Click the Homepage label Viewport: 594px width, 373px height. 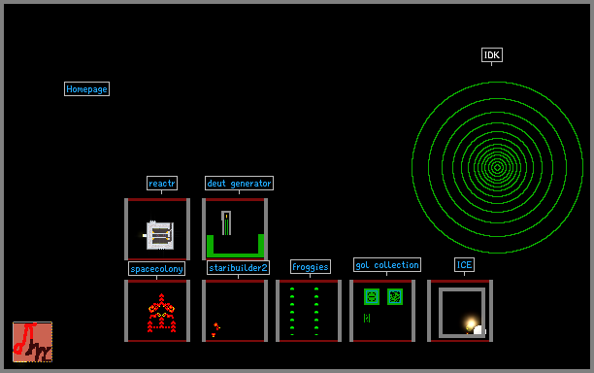coord(86,89)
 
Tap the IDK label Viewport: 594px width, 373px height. coord(492,55)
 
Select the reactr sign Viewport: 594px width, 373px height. coord(162,184)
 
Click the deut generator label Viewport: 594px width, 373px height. coord(239,184)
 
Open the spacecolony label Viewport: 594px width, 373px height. coord(156,269)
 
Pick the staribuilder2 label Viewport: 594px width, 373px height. coord(239,268)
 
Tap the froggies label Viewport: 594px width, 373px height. coord(311,267)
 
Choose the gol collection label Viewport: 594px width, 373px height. coord(387,265)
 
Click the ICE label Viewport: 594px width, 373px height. coord(464,264)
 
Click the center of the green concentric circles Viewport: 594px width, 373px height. coord(497,167)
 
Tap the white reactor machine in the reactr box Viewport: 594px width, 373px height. coord(159,235)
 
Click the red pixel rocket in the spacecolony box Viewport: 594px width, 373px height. coord(162,313)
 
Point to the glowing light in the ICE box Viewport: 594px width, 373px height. coord(471,324)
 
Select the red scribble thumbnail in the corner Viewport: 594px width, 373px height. coord(33,342)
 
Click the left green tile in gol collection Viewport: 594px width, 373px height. coord(372,296)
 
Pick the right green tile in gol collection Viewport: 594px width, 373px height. coord(395,296)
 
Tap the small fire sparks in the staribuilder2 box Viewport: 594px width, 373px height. coord(215,329)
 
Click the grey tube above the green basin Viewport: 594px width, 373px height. coord(226,222)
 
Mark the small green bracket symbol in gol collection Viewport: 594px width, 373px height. coord(367,318)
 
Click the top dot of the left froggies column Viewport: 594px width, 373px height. coord(292,289)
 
